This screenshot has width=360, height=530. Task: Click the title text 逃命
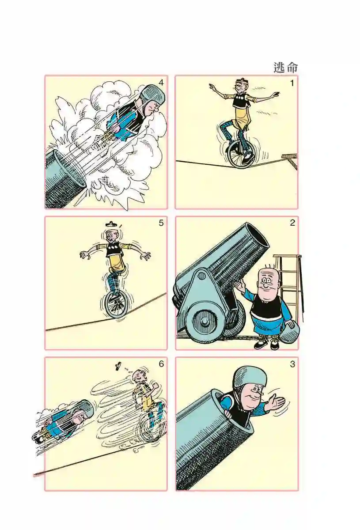pyautogui.click(x=285, y=68)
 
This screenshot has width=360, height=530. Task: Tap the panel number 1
pyautogui.click(x=292, y=83)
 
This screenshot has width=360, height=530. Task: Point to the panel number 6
pyautogui.click(x=161, y=363)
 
